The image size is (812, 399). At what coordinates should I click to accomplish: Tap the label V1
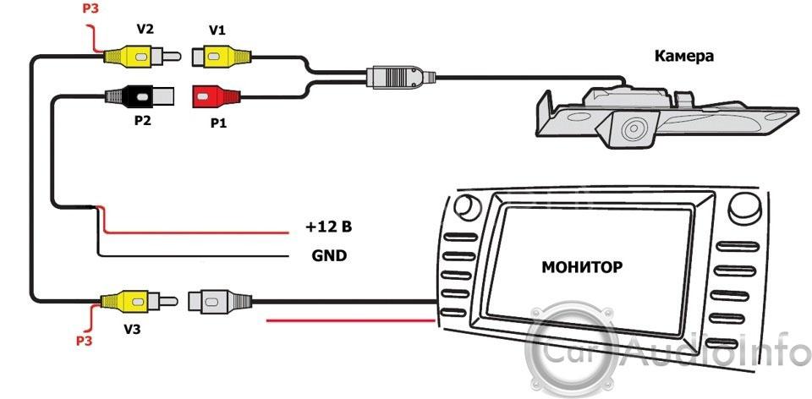217,30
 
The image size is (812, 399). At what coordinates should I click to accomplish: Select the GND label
330,254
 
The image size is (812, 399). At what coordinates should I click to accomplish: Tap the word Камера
684,57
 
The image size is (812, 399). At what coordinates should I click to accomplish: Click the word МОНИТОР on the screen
582,267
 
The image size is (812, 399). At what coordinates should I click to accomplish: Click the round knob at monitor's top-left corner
464,205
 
